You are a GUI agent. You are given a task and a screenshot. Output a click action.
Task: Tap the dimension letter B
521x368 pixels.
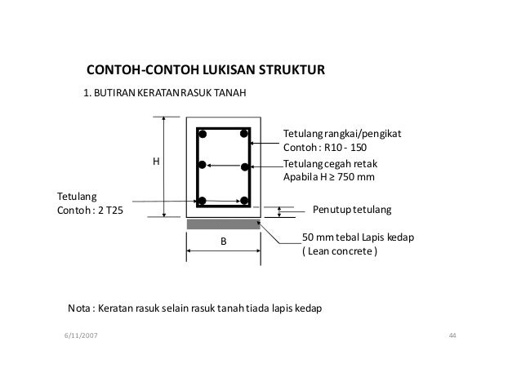coord(223,242)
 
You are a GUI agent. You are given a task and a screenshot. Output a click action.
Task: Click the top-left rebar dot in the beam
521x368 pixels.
coord(203,134)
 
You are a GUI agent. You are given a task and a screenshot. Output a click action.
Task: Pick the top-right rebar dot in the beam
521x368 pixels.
coord(243,134)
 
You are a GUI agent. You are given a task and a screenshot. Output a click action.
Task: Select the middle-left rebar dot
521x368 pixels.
coord(203,165)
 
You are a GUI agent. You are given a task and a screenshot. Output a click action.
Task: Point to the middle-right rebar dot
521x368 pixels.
coord(243,166)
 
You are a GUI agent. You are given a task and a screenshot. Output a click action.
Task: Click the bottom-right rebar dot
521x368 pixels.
coord(243,201)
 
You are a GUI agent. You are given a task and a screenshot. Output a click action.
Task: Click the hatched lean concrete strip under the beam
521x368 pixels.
coord(223,224)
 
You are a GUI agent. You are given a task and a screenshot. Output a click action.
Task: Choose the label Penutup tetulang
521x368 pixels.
coord(352,210)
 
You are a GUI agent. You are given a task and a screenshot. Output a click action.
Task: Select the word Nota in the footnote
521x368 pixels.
coord(78,309)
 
